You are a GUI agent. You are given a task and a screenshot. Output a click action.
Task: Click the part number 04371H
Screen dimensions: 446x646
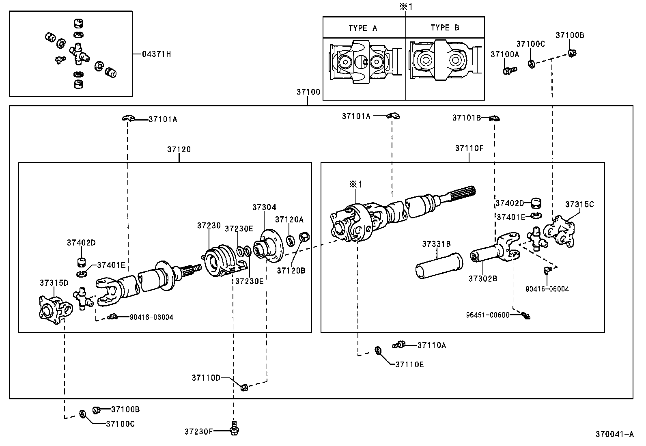156,54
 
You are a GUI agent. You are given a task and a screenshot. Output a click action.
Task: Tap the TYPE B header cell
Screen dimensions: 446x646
445,28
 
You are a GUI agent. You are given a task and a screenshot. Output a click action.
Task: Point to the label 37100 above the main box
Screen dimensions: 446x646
308,92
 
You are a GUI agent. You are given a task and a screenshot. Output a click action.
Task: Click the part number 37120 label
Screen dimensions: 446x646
179,149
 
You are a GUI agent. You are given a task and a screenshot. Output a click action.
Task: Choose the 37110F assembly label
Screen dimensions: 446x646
469,149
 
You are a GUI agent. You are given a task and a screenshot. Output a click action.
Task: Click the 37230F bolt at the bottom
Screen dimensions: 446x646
234,429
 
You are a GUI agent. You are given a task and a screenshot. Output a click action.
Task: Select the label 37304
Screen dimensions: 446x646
264,207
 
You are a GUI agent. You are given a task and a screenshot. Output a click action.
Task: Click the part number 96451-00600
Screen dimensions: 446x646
487,315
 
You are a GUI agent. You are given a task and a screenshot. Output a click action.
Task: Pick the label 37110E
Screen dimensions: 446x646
409,364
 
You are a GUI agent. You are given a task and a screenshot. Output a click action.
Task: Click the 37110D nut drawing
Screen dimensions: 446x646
244,387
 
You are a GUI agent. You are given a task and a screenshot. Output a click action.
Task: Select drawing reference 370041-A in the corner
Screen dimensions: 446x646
614,434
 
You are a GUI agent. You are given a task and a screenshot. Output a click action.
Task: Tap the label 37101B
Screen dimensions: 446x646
467,118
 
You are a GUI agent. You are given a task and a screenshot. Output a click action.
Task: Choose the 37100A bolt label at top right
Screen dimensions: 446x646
505,54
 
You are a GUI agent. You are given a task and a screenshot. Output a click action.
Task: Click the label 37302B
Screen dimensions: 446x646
482,278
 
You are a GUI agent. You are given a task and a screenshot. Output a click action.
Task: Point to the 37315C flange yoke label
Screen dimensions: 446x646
579,204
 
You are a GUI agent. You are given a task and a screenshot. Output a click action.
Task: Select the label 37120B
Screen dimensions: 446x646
291,270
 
